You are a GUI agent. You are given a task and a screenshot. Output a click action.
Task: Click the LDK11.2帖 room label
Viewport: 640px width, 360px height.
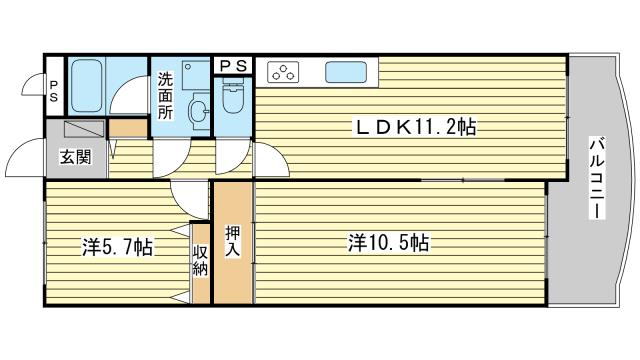[x=416, y=127]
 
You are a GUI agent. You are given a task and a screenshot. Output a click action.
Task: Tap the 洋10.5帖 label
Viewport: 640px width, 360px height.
[x=388, y=243]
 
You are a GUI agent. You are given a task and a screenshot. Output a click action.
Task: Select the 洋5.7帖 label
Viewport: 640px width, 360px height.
[x=118, y=247]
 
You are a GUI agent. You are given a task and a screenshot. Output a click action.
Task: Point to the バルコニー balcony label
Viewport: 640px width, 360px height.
[x=597, y=179]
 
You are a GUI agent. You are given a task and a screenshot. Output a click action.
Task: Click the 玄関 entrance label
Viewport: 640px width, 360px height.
[x=76, y=157]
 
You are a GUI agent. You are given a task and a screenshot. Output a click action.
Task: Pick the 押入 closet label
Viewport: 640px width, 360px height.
[x=233, y=242]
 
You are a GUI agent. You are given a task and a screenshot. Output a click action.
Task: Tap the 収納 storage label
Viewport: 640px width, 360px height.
[x=200, y=260]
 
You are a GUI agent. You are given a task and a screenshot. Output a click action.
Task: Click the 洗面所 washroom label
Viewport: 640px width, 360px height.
[x=165, y=96]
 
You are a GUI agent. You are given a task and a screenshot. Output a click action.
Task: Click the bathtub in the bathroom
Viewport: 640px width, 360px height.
[x=86, y=86]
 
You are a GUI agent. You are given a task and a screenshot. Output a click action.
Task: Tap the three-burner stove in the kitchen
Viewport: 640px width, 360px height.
[x=283, y=72]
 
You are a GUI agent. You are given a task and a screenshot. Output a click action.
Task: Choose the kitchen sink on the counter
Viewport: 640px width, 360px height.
[x=345, y=72]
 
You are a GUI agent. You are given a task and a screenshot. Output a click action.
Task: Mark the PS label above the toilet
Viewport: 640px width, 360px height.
[x=233, y=66]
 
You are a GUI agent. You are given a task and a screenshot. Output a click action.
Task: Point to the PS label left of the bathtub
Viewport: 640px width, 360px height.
[x=54, y=91]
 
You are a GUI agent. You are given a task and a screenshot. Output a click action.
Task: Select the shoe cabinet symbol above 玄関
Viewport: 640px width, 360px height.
[x=84, y=129]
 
